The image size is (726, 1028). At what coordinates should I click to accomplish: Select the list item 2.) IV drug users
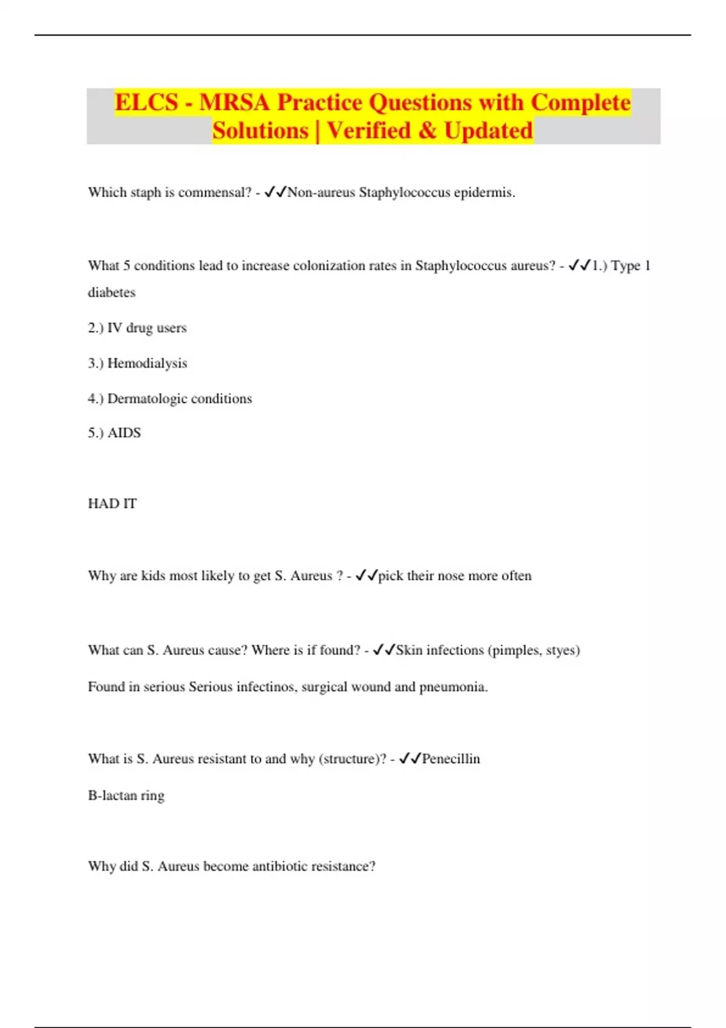click(x=137, y=328)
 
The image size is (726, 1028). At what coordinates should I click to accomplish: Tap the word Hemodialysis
click(x=147, y=363)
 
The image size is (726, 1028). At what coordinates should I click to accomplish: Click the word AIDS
click(x=124, y=433)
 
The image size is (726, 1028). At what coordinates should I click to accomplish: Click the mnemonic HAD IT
click(x=113, y=504)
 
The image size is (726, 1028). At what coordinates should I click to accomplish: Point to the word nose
click(x=451, y=576)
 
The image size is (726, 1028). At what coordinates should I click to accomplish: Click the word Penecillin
click(x=451, y=759)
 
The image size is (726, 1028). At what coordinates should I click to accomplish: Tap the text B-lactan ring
click(x=126, y=795)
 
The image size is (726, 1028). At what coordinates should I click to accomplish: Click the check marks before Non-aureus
click(x=275, y=192)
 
